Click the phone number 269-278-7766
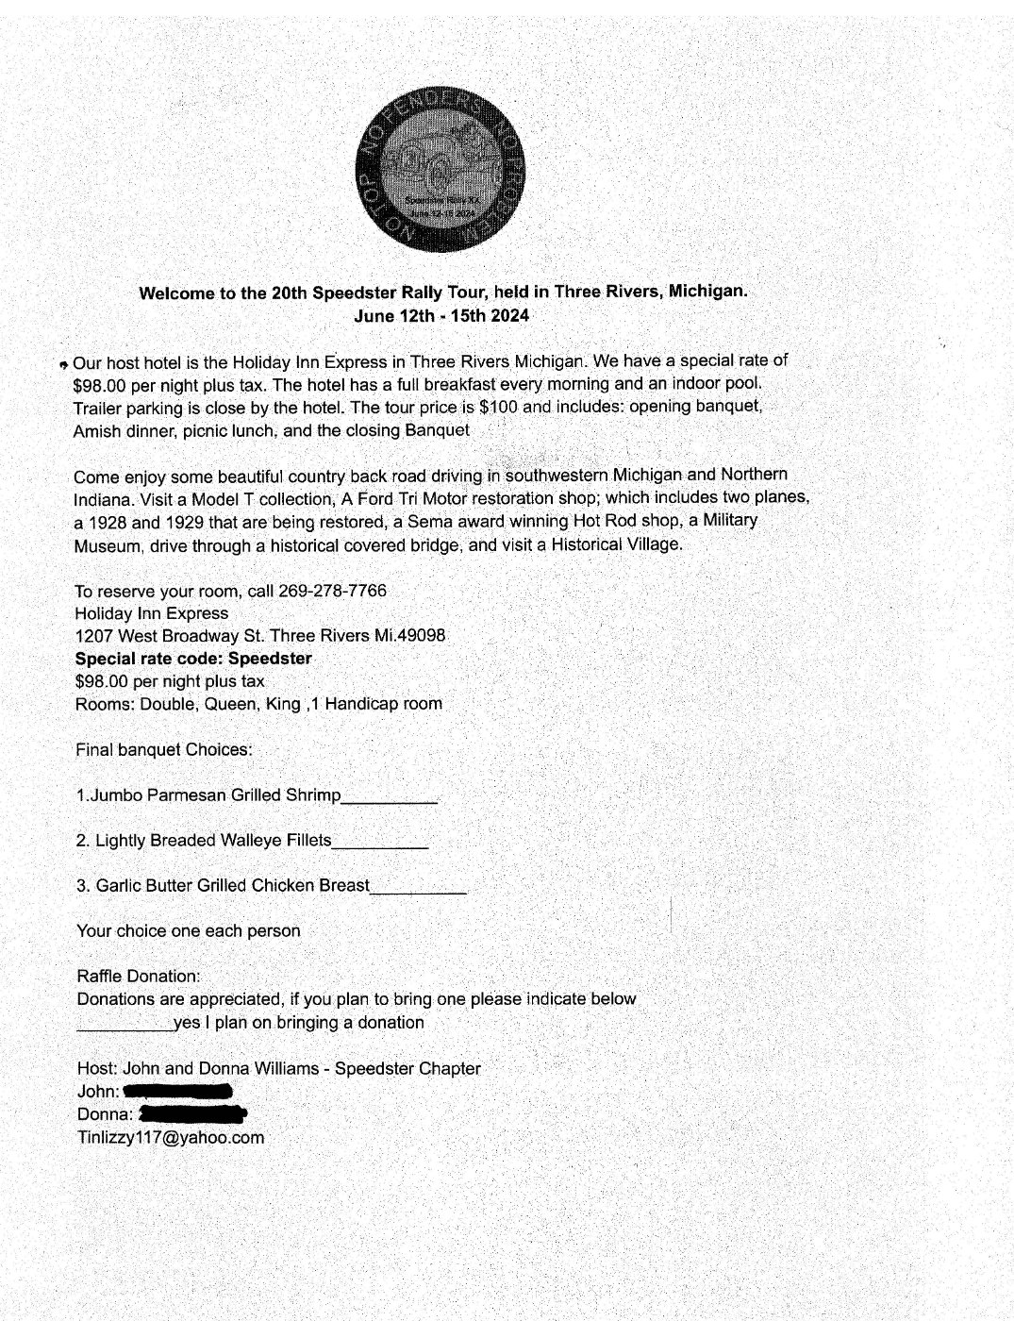[332, 591]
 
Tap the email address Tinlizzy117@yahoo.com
[171, 1137]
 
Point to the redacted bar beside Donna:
[191, 1114]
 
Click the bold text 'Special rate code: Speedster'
[193, 659]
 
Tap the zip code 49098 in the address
[422, 636]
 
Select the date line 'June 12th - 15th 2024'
[441, 315]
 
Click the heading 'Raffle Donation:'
[139, 976]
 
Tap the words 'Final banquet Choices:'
[164, 750]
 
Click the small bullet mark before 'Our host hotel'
[62, 364]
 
